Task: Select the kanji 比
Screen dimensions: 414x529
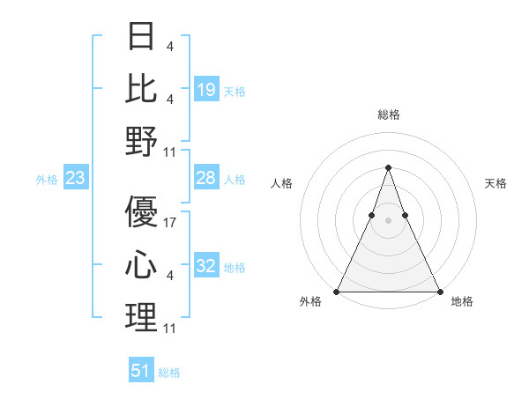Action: [141, 88]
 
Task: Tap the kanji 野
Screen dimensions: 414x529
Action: [141, 142]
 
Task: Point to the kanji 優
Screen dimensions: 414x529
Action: [141, 211]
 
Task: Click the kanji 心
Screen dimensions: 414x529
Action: [141, 265]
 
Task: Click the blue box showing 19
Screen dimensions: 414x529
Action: [205, 89]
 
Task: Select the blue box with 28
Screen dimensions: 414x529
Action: [205, 178]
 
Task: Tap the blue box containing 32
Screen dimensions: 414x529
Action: [205, 267]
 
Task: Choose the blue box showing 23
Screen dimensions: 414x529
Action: [76, 179]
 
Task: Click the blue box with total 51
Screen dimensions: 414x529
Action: [141, 371]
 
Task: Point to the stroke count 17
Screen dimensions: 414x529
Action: [171, 222]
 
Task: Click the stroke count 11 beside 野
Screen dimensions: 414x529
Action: [170, 152]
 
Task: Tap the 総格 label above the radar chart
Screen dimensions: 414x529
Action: [388, 115]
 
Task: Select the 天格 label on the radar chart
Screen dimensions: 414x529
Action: [495, 183]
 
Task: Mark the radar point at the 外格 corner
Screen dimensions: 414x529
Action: [337, 291]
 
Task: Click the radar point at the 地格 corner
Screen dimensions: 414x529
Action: [439, 291]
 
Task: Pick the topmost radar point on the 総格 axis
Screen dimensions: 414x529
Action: [388, 167]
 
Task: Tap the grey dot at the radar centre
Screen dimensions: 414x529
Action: [388, 220]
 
